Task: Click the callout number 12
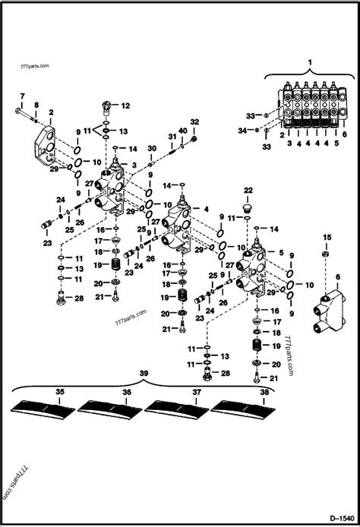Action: click(x=125, y=106)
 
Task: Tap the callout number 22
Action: click(x=248, y=190)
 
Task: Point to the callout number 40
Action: click(x=183, y=131)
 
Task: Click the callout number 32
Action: click(x=194, y=121)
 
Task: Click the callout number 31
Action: click(x=172, y=136)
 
